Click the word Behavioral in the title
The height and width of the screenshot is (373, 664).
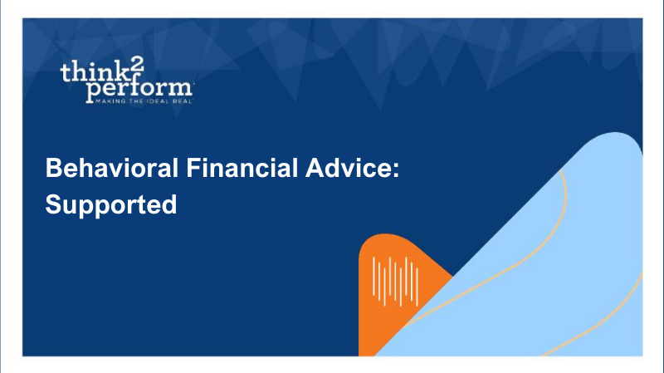pos(112,168)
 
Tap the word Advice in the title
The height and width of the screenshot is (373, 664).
pos(348,168)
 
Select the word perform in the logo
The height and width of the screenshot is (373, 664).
pos(139,90)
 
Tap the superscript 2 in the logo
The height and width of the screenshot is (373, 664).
pos(137,64)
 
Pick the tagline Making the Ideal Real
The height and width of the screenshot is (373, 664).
pos(144,101)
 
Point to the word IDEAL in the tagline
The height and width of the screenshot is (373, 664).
pos(158,101)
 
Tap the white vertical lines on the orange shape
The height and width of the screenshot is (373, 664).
pos(396,282)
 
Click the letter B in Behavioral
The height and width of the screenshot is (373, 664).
pos(53,168)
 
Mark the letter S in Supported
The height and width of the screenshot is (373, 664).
pos(53,204)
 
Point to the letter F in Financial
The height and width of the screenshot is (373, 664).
pos(193,168)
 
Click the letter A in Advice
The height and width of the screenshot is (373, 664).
pos(315,168)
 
